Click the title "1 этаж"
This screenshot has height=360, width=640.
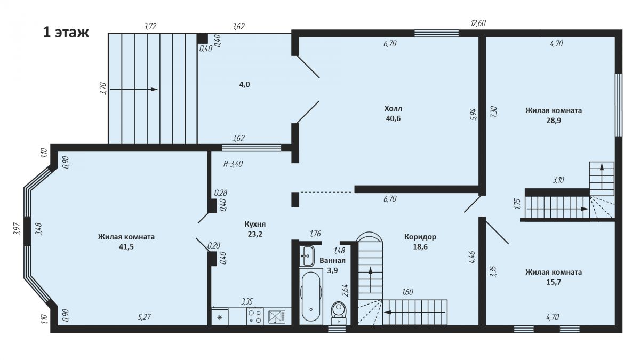(x=66, y=33)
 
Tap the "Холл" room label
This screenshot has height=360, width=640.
(x=393, y=109)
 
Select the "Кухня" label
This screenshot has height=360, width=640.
(x=255, y=225)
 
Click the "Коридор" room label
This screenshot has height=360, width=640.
(x=420, y=237)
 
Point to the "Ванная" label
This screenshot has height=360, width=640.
(x=332, y=261)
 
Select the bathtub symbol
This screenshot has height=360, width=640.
(x=311, y=296)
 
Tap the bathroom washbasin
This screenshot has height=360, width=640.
(x=307, y=255)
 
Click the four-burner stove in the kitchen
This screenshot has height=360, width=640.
(x=255, y=316)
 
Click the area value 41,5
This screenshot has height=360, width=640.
(x=126, y=247)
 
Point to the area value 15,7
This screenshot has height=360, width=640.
(x=554, y=282)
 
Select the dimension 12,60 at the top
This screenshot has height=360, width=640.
(x=478, y=23)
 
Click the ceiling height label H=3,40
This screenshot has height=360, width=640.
(x=233, y=164)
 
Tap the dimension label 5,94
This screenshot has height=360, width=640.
(x=474, y=114)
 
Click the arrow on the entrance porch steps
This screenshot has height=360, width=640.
(x=134, y=89)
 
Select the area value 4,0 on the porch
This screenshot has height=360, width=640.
(x=244, y=85)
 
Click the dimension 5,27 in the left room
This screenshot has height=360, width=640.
(x=145, y=317)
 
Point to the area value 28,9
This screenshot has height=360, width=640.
(x=554, y=121)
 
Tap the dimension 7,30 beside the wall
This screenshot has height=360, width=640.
(x=494, y=111)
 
